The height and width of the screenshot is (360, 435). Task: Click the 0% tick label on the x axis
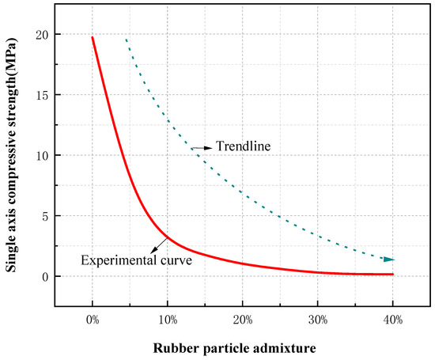coord(93,320)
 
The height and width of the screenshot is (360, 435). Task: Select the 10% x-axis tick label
coord(168,320)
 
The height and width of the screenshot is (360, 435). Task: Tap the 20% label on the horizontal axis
coord(243,320)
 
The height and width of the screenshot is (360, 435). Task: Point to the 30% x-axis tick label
coord(318,320)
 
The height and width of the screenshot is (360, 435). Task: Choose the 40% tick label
coord(393,320)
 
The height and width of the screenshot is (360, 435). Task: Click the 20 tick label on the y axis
coord(42,35)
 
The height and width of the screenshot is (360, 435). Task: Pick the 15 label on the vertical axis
coord(42,95)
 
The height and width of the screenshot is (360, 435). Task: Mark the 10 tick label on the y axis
coord(42,155)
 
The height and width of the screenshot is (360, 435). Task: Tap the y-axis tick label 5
coord(45,216)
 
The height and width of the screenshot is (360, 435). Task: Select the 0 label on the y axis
coord(45,276)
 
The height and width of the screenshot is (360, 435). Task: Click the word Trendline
coord(243,146)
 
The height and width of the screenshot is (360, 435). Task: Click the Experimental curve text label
coord(137,260)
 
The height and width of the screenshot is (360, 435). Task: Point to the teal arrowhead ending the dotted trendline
coord(389,260)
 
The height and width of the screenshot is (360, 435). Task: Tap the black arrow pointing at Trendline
coord(202,148)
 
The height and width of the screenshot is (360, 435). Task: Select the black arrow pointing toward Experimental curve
coord(159,245)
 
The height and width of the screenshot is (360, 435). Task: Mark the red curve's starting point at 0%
coord(93,37)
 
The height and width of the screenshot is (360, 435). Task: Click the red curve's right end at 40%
coord(392,275)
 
